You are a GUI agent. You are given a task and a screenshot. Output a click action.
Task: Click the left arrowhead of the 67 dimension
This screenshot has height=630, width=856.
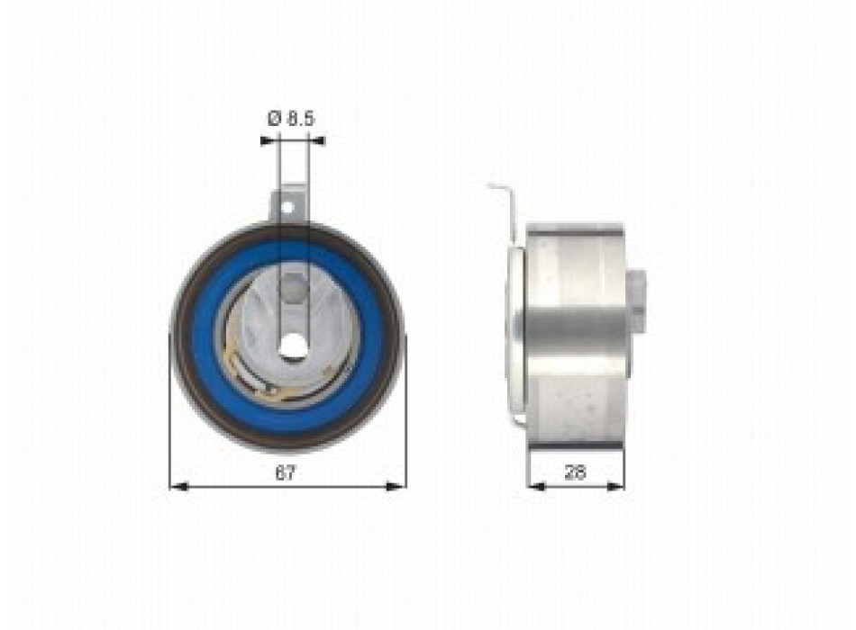178,487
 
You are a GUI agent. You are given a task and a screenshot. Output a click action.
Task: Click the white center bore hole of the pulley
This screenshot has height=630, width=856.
291,346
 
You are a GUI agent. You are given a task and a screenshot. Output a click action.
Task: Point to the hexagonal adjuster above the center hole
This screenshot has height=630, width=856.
291,291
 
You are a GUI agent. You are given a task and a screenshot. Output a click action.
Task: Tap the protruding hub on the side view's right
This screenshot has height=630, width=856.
638,301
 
